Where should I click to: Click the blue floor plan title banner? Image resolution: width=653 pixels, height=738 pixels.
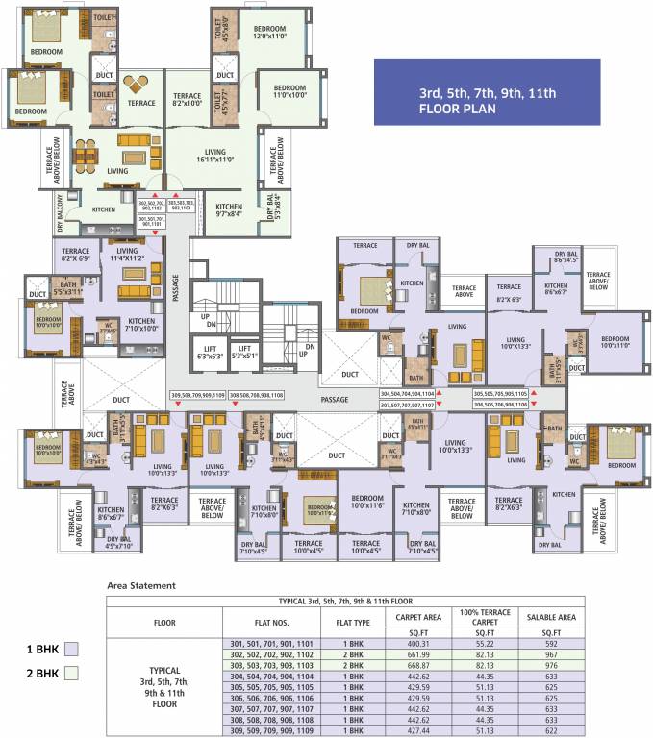[488, 92]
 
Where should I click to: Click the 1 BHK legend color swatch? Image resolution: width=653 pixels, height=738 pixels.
[69, 649]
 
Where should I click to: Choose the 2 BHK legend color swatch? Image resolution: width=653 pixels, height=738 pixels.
[69, 675]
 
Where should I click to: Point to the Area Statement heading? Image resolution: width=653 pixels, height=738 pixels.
[140, 584]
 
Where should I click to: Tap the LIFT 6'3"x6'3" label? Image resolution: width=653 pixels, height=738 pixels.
[210, 353]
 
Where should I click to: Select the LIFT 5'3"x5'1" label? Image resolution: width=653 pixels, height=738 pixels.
[246, 353]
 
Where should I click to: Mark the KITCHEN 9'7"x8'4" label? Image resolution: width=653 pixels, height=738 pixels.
[229, 211]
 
